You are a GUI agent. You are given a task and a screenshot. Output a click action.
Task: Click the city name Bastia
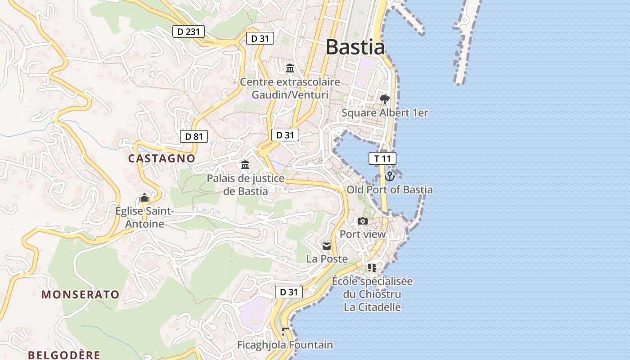355,47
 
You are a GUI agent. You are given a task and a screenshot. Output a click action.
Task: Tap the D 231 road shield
189,31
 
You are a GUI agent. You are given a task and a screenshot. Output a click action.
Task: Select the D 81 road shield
194,136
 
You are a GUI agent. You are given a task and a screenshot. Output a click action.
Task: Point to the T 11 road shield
382,158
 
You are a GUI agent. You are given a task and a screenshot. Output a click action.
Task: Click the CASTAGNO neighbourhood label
162,158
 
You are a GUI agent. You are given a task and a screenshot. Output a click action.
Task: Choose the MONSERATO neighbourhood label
81,295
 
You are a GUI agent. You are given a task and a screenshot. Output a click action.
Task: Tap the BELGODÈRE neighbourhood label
64,355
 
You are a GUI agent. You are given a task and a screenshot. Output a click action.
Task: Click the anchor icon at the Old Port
390,176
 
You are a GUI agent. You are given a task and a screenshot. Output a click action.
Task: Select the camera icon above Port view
362,221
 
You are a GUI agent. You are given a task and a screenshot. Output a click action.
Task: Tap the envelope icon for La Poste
327,246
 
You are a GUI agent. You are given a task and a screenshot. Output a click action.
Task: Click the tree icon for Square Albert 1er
384,99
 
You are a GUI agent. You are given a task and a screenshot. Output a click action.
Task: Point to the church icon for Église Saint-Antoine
144,198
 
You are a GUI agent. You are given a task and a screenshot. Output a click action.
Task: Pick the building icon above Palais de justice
245,165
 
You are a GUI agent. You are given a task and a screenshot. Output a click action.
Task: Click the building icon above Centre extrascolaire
290,68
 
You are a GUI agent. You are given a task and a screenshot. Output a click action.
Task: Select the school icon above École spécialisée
372,268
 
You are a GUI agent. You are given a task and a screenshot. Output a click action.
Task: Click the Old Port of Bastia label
390,189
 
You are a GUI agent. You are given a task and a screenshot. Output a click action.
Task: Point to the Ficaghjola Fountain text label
285,345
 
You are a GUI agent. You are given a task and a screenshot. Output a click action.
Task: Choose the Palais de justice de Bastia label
246,184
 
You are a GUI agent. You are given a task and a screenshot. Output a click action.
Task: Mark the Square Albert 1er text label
385,112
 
